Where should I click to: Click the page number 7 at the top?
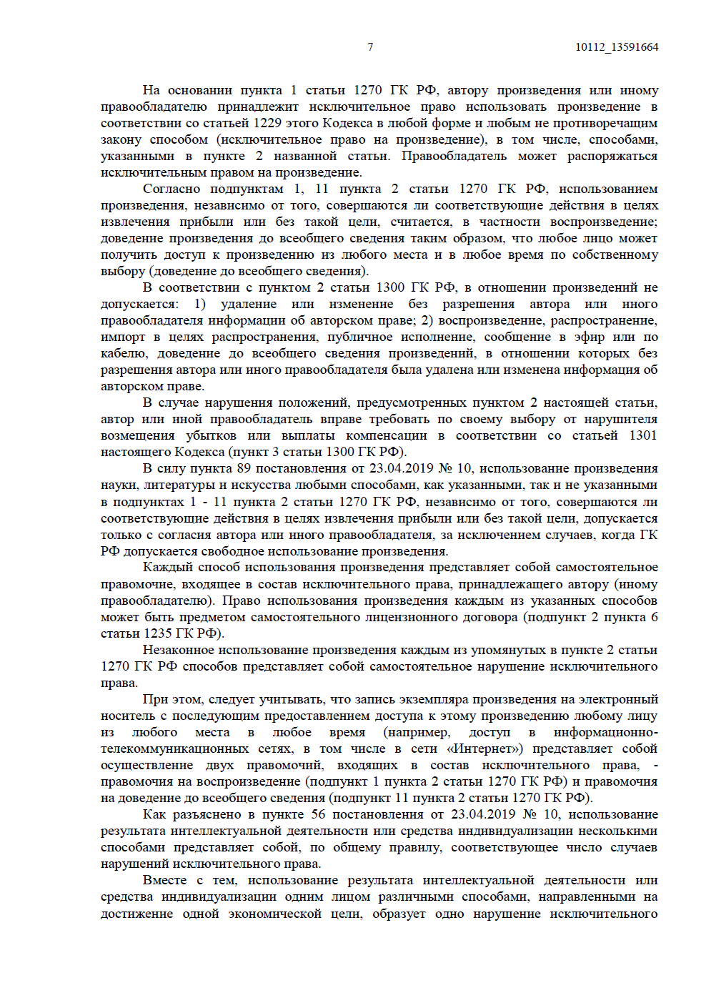tap(370, 47)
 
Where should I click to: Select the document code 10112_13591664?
tap(617, 47)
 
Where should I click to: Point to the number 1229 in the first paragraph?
tap(268, 123)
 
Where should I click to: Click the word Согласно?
tap(171, 189)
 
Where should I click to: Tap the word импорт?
tap(123, 337)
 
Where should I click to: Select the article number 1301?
tap(642, 435)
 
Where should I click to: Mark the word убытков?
tap(211, 435)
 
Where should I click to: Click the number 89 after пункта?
tap(244, 468)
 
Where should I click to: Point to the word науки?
tap(117, 485)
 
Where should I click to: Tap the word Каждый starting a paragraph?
tap(167, 567)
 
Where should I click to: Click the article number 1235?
tap(158, 633)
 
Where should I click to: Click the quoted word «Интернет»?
tap(484, 748)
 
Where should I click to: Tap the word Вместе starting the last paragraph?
tap(164, 880)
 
